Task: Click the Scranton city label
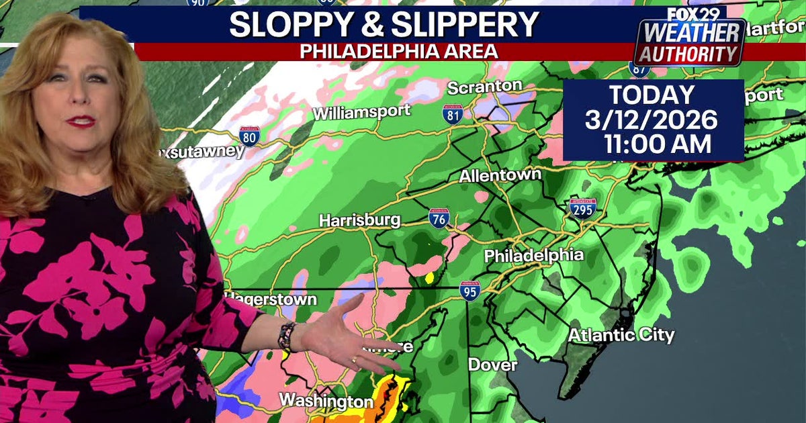(x=484, y=87)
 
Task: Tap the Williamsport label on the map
(x=361, y=112)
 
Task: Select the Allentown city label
(x=500, y=175)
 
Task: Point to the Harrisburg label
(x=359, y=220)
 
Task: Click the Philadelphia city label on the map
(x=534, y=256)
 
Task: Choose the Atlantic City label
(x=621, y=334)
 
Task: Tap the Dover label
(x=493, y=365)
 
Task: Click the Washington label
(x=326, y=401)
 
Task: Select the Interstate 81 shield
(x=453, y=113)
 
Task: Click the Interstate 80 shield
(x=249, y=136)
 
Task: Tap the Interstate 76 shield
(x=439, y=218)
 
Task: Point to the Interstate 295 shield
(x=583, y=209)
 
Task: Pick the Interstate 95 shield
(x=470, y=290)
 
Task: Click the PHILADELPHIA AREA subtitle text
(x=399, y=51)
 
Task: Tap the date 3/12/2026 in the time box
(x=652, y=120)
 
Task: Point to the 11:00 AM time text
(x=657, y=144)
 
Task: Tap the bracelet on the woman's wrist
(x=287, y=336)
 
